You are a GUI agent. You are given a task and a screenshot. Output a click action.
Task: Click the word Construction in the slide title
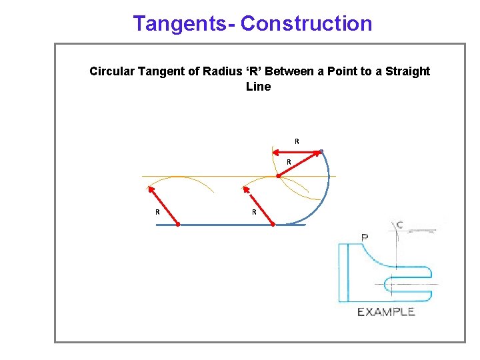(306, 23)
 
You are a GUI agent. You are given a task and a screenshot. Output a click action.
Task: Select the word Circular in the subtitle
(112, 71)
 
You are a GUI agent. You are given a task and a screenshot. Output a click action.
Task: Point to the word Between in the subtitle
(293, 71)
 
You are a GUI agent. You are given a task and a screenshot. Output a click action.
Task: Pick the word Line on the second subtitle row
(259, 87)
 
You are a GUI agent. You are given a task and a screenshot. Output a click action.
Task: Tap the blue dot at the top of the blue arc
(321, 152)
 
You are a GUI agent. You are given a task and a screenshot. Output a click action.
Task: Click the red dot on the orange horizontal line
(278, 176)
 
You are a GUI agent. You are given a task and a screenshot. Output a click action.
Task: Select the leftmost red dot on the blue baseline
(178, 225)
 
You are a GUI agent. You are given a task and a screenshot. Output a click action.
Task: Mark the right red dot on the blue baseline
(273, 225)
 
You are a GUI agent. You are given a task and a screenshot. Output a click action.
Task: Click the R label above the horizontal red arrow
(297, 141)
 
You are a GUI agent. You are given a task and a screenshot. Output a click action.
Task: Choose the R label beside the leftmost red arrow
(157, 212)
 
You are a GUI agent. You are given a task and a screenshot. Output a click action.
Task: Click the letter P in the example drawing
(365, 237)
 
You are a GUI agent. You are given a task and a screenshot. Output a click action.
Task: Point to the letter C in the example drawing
(399, 225)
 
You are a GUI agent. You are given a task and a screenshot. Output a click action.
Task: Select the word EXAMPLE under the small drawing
(386, 311)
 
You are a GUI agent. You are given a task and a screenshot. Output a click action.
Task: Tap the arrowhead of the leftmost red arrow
(150, 189)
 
